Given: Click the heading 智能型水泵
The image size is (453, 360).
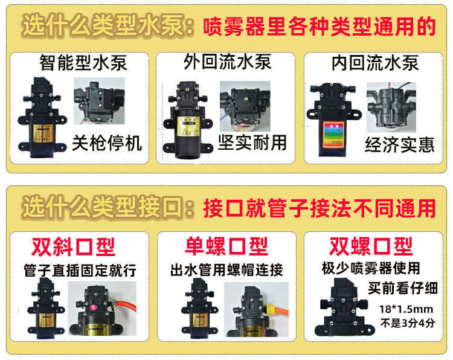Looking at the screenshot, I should point(83,63).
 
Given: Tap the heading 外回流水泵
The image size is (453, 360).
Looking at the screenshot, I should point(227,62).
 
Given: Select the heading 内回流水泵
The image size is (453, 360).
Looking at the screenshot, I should point(375,63).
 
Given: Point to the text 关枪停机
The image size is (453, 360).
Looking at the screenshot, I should point(107,144).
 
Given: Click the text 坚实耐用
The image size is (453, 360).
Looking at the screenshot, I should point(252,143).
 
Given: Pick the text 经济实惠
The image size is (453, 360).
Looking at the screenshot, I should point(399,145).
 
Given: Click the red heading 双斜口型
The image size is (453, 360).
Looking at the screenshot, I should point(73,246).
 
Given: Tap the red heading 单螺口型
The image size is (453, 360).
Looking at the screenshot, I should point(226,246).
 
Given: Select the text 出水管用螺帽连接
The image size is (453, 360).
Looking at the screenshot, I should point(226,269).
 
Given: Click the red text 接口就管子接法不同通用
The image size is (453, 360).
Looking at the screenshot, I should point(320,208).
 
